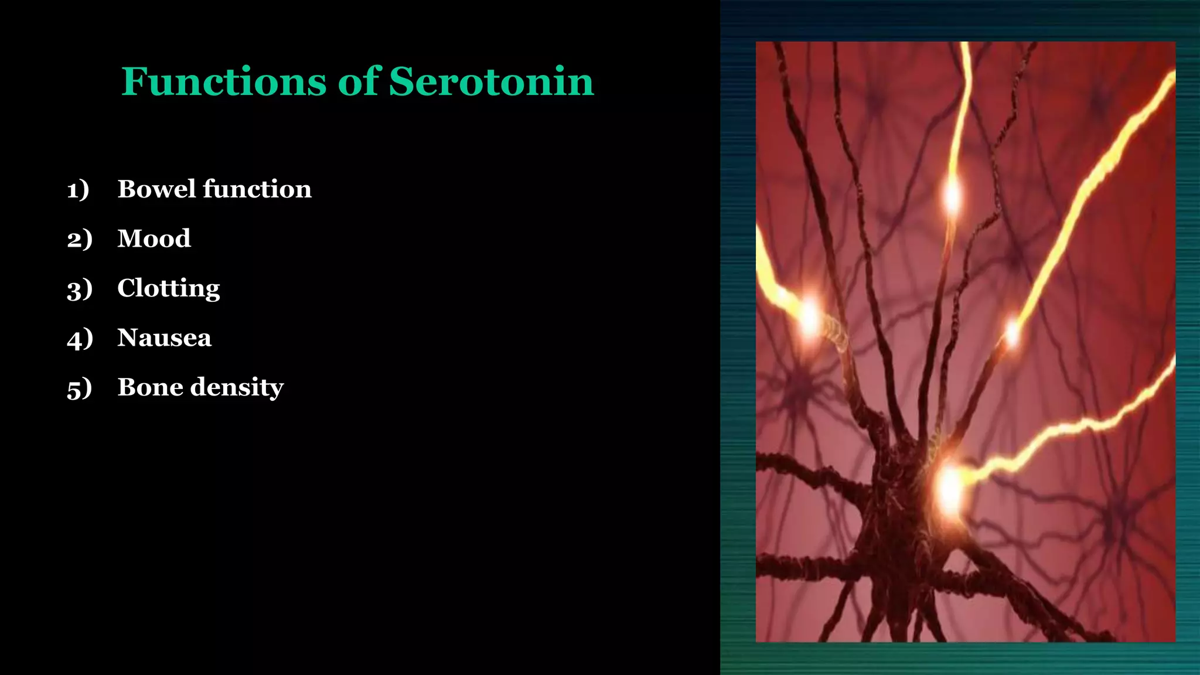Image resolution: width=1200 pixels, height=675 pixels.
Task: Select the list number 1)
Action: pyautogui.click(x=78, y=189)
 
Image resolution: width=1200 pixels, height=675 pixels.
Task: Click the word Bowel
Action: pyautogui.click(x=156, y=189)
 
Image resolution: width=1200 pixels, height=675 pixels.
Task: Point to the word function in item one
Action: pyautogui.click(x=257, y=189)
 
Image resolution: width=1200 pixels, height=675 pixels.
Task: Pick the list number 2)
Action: pyautogui.click(x=80, y=239)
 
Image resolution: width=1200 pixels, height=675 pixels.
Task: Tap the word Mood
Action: pyautogui.click(x=154, y=238)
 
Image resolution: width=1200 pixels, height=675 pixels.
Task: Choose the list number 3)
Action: pyautogui.click(x=80, y=289)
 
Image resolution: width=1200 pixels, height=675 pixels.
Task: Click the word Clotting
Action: pyautogui.click(x=169, y=288)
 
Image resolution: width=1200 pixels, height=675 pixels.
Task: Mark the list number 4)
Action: pyautogui.click(x=80, y=338)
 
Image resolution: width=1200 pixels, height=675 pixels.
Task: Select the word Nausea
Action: pyautogui.click(x=164, y=337)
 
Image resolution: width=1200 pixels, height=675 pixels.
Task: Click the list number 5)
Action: pyautogui.click(x=80, y=388)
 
